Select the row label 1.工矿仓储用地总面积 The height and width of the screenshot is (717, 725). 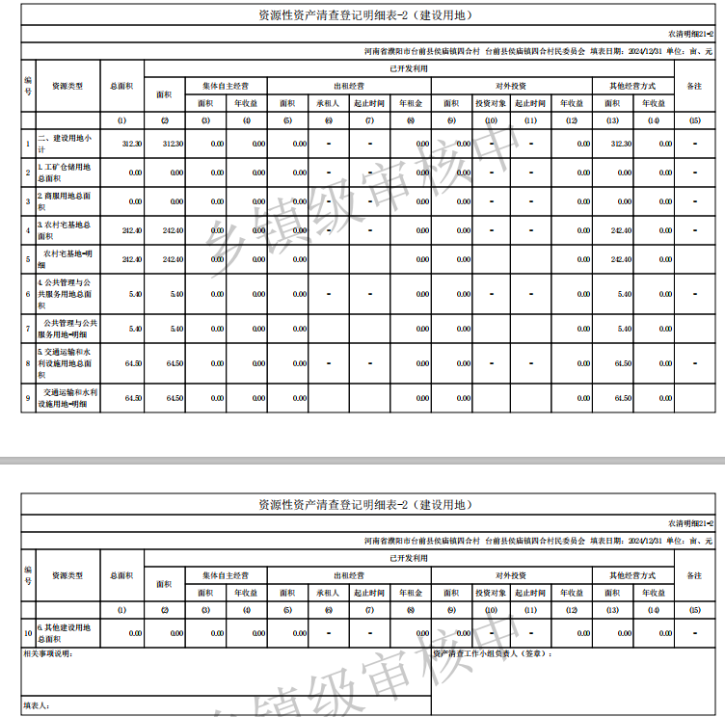pyautogui.click(x=66, y=173)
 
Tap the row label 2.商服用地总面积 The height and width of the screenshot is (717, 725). pyautogui.click(x=66, y=201)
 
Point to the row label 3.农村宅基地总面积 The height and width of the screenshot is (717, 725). pyautogui.click(x=66, y=230)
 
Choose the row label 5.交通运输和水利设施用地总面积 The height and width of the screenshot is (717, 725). pyautogui.click(x=66, y=363)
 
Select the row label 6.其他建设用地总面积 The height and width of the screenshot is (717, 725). pyautogui.click(x=66, y=633)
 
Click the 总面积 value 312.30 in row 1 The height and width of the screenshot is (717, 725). pyautogui.click(x=132, y=144)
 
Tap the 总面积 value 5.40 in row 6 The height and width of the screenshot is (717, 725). pyautogui.click(x=135, y=294)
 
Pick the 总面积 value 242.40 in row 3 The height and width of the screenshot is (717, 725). pyautogui.click(x=132, y=231)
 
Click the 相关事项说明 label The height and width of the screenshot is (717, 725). pyautogui.click(x=47, y=654)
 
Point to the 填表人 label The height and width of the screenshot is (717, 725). pyautogui.click(x=37, y=705)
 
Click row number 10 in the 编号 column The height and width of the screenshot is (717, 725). pyautogui.click(x=28, y=633)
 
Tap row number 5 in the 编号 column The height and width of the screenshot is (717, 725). pyautogui.click(x=28, y=259)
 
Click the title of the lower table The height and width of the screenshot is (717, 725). pyautogui.click(x=362, y=504)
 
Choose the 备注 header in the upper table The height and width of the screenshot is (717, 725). pyautogui.click(x=694, y=86)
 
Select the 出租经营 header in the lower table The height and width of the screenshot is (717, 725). pyautogui.click(x=348, y=574)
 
